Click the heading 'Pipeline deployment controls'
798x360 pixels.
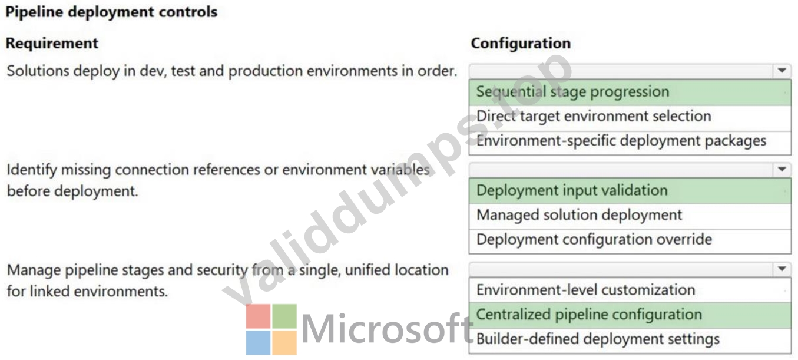point(111,12)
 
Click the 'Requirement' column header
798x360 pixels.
point(52,43)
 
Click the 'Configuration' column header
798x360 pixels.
point(521,43)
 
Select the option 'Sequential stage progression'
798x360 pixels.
point(573,92)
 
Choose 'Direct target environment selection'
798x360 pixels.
point(594,116)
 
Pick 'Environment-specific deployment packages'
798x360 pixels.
point(621,141)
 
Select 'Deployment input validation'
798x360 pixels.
point(572,191)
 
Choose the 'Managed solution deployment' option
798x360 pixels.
point(580,215)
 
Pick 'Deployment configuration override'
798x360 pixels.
point(594,240)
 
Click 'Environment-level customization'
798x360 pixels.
point(585,290)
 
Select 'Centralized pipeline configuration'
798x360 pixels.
point(590,315)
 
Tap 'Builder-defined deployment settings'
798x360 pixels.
point(598,339)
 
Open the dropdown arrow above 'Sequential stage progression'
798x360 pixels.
point(782,71)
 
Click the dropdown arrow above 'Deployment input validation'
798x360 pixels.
point(782,169)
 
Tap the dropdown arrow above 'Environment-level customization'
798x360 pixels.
point(782,269)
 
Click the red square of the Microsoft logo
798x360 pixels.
point(259,316)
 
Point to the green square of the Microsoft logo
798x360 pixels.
point(284,316)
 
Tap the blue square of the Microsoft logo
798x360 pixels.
point(259,342)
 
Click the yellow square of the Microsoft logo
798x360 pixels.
point(284,342)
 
